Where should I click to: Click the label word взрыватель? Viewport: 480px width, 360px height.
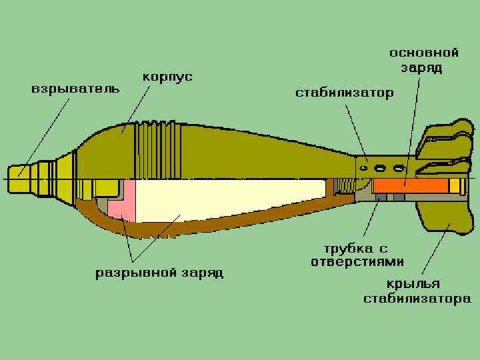click(75, 89)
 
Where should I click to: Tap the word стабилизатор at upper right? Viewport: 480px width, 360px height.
click(344, 93)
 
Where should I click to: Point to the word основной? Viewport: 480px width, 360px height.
click(424, 53)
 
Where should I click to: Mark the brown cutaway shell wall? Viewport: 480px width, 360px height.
click(200, 227)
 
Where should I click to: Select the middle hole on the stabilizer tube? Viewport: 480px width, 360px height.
click(381, 168)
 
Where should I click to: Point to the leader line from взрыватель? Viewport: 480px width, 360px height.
click(47, 133)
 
